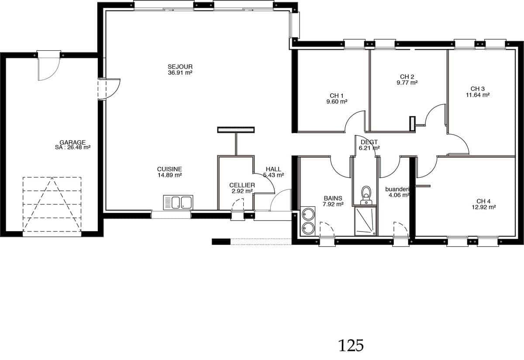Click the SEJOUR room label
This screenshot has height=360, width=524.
coord(180,67)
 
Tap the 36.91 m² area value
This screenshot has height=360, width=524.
coord(180,73)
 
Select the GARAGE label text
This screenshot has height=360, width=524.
coord(72,142)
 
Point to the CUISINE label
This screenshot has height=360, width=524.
coord(169,169)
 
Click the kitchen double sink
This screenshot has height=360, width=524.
coord(178,202)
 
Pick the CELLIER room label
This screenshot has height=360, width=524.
coord(242,185)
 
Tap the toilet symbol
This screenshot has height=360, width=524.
coord(366,195)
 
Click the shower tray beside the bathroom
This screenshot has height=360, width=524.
coord(365,221)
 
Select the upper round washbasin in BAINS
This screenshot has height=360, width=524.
coord(308,215)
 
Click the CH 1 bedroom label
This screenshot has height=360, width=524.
coord(337,96)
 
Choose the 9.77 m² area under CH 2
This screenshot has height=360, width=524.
coord(407,83)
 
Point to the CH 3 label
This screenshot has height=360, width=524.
coord(477,89)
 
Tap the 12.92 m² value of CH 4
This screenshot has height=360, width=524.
coord(483,207)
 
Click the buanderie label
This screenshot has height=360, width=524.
coord(398,189)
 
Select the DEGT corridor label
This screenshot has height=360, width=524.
coord(369,142)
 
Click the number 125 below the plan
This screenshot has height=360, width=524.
coord(351,346)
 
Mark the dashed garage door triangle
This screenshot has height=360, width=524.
coord(52,204)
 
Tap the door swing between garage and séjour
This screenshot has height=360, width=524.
coord(113,89)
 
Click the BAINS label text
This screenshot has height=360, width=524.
coord(333,198)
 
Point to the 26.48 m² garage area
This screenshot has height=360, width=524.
coord(79,148)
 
